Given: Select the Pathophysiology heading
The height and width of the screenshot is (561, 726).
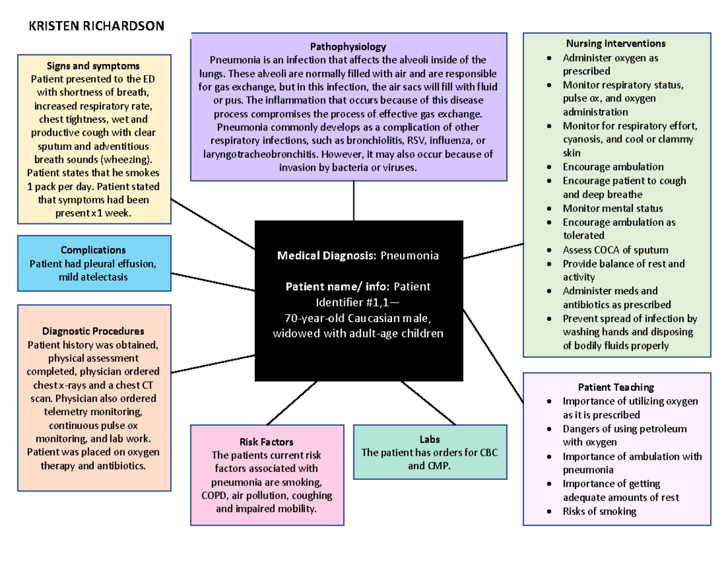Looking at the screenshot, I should click(x=348, y=47).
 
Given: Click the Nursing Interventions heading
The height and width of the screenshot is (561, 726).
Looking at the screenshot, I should click(x=615, y=44).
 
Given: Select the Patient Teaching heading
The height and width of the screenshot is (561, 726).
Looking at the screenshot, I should click(x=616, y=387).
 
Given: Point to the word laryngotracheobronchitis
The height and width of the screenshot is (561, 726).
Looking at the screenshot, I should click(x=258, y=154).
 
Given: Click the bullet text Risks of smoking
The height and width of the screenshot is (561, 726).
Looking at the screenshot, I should click(x=600, y=511).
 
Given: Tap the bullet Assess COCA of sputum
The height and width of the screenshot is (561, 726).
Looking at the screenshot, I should click(x=615, y=249).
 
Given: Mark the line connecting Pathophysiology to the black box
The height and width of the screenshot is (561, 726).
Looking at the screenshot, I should click(x=353, y=201).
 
